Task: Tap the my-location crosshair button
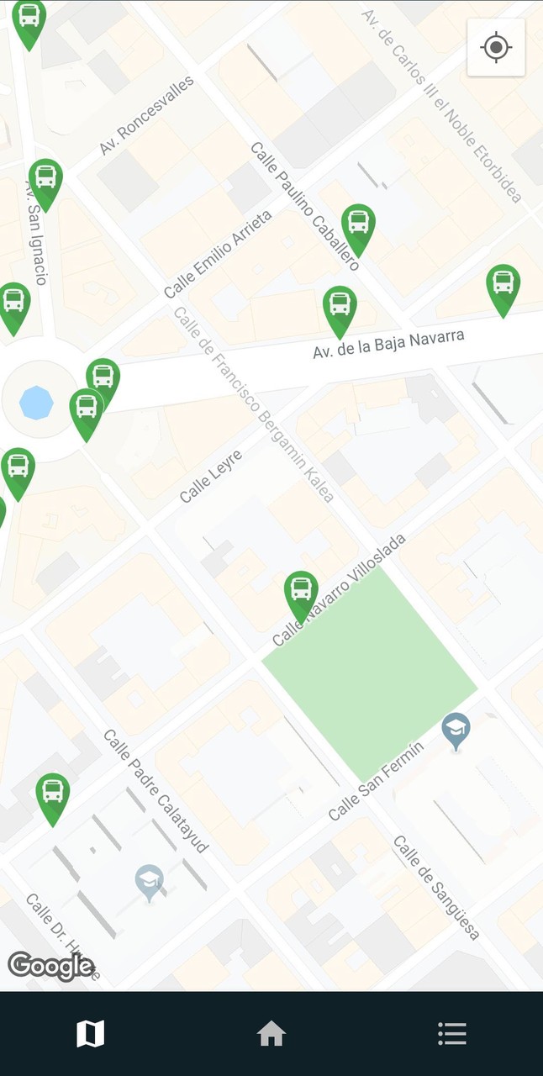tap(496, 47)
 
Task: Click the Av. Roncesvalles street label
tap(146, 115)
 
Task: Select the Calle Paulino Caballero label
tap(304, 205)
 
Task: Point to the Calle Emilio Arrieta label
tap(218, 254)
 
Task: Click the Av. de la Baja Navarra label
tap(388, 344)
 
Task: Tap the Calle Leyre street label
tap(210, 477)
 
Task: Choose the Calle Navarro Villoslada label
tap(339, 589)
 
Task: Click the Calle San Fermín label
tap(375, 779)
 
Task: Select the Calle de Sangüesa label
tap(436, 887)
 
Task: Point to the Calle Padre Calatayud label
tap(156, 790)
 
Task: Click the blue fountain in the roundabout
tap(36, 403)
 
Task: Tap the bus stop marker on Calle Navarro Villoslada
tap(301, 593)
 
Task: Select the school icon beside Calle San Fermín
tap(456, 730)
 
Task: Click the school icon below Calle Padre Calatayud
tap(149, 881)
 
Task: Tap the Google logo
tap(50, 966)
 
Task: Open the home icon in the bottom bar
tap(271, 1033)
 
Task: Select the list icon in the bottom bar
tap(451, 1033)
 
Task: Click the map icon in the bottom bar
tap(90, 1033)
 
